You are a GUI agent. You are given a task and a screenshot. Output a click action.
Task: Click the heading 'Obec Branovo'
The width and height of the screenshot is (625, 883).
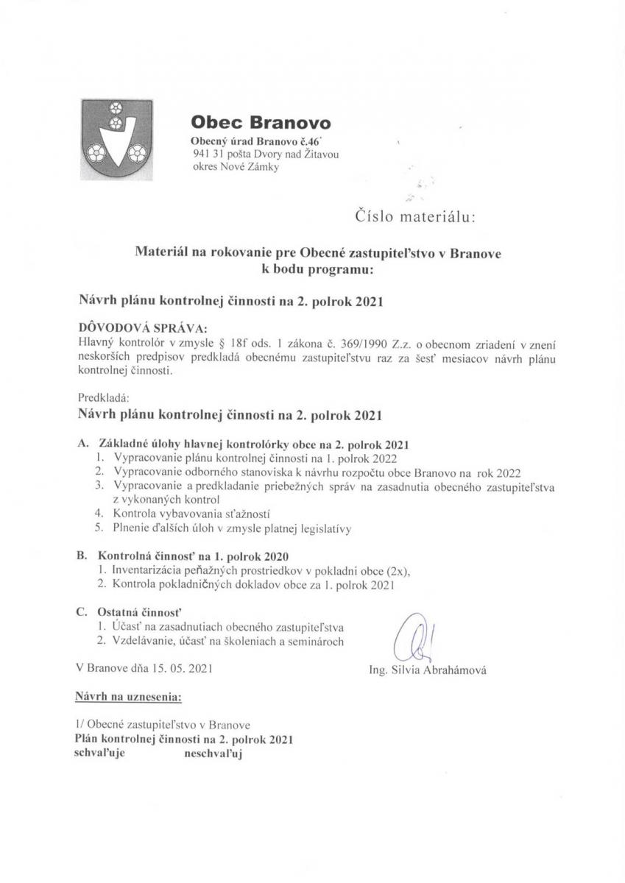[x=261, y=122]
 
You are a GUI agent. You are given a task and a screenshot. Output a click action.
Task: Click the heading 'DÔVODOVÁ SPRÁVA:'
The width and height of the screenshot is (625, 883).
[x=142, y=327]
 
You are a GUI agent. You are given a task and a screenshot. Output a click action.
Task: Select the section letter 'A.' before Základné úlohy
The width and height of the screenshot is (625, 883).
[x=82, y=444]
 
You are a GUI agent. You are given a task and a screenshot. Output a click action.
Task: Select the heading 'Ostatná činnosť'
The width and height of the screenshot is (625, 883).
[x=139, y=611]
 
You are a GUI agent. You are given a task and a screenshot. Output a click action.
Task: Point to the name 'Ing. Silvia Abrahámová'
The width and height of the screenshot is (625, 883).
[x=428, y=670]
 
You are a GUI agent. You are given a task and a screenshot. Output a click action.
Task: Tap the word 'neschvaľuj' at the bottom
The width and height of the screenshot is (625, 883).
[x=208, y=753]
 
